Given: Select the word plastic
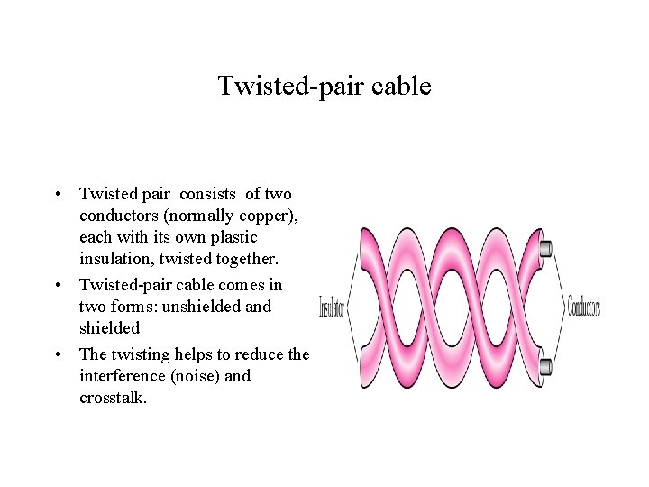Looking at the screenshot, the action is pos(233,237).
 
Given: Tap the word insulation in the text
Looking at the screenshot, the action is pos(115,260).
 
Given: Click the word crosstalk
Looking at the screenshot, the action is pos(112,398).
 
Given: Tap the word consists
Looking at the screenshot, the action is pos(211,194).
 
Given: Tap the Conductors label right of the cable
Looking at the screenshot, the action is pos(584,307).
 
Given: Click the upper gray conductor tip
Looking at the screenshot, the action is pos(545,247).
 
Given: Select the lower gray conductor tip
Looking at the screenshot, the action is pos(545,366).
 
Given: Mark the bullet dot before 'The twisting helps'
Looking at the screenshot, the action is pos(57,354).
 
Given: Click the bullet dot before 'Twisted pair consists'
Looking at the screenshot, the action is pos(57,194).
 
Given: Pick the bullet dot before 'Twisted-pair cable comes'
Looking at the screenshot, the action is pos(57,285).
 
